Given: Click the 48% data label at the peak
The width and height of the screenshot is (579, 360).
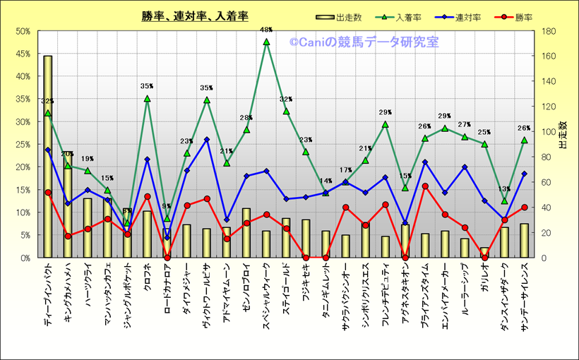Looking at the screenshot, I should [266, 30].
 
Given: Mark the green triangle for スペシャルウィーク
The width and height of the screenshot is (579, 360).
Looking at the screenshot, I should [266, 42].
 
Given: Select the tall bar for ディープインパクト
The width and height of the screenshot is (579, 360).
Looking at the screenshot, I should [48, 155].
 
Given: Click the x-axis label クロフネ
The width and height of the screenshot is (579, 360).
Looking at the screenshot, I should [147, 278].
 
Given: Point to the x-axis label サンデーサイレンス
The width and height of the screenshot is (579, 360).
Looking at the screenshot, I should [524, 296].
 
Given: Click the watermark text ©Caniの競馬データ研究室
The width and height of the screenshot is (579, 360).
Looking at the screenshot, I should [364, 42].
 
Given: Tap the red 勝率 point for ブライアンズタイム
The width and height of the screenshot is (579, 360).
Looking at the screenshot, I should [425, 186].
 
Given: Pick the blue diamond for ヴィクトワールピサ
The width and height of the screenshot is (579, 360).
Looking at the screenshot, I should [207, 140].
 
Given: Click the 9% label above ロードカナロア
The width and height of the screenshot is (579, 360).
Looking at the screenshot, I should [167, 207].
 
